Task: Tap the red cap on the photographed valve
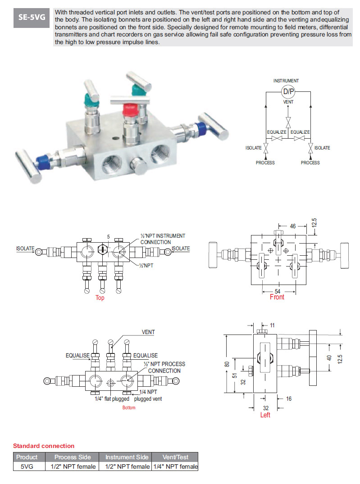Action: pyautogui.click(x=132, y=109)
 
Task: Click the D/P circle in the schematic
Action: pyautogui.click(x=288, y=92)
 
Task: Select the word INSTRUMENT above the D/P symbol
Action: pyautogui.click(x=286, y=81)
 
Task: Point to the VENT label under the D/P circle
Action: pyautogui.click(x=288, y=102)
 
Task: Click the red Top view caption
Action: pyautogui.click(x=100, y=298)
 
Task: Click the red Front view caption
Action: pyautogui.click(x=277, y=297)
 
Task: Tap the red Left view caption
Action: pyautogui.click(x=265, y=415)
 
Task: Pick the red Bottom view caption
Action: pyautogui.click(x=129, y=407)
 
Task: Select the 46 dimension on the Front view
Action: pyautogui.click(x=293, y=226)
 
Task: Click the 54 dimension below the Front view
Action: pyautogui.click(x=278, y=291)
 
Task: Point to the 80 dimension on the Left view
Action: pyautogui.click(x=228, y=364)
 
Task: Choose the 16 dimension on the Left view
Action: pyautogui.click(x=289, y=399)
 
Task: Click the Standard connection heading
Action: pyautogui.click(x=44, y=446)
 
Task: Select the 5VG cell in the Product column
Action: pyautogui.click(x=27, y=467)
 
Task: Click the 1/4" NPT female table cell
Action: pyautogui.click(x=175, y=467)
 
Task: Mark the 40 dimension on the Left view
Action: pyautogui.click(x=329, y=358)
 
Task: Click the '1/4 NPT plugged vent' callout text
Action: pyautogui.click(x=148, y=395)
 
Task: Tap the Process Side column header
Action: pyautogui.click(x=73, y=457)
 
